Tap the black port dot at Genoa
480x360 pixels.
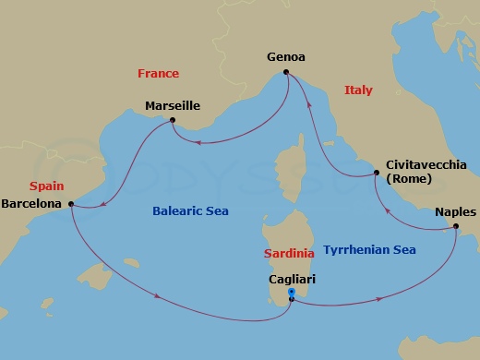(286, 72)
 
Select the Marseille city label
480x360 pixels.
(173, 106)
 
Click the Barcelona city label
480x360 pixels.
(32, 202)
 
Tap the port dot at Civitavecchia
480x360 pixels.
(376, 173)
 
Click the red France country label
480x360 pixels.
(158, 73)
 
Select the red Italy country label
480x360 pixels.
(357, 90)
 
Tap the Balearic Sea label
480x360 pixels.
(190, 211)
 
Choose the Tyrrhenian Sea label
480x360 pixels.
(369, 249)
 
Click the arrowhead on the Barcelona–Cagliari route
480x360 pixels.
(161, 297)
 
